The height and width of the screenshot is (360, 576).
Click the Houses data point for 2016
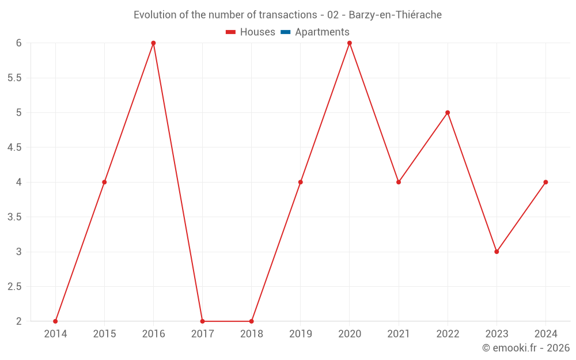153,43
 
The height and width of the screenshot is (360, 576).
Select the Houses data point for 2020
350,43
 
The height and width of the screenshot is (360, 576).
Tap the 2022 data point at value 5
448,112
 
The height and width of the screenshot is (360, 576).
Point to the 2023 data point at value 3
497,252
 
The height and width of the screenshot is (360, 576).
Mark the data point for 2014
55,321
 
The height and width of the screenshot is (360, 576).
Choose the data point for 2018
252,321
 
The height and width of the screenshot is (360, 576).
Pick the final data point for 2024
545,182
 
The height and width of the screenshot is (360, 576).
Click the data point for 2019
301,182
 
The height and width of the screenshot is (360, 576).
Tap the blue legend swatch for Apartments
285,32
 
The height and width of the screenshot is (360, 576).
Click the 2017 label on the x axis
202,334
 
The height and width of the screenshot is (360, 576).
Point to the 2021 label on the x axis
399,334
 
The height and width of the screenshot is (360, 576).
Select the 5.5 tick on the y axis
14,78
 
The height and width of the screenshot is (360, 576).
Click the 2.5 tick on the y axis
14,287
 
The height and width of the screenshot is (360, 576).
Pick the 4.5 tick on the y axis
14,147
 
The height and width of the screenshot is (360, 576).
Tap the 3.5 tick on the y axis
14,217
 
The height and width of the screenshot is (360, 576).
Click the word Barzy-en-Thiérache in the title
395,15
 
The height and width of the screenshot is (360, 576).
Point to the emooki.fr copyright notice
526,348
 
